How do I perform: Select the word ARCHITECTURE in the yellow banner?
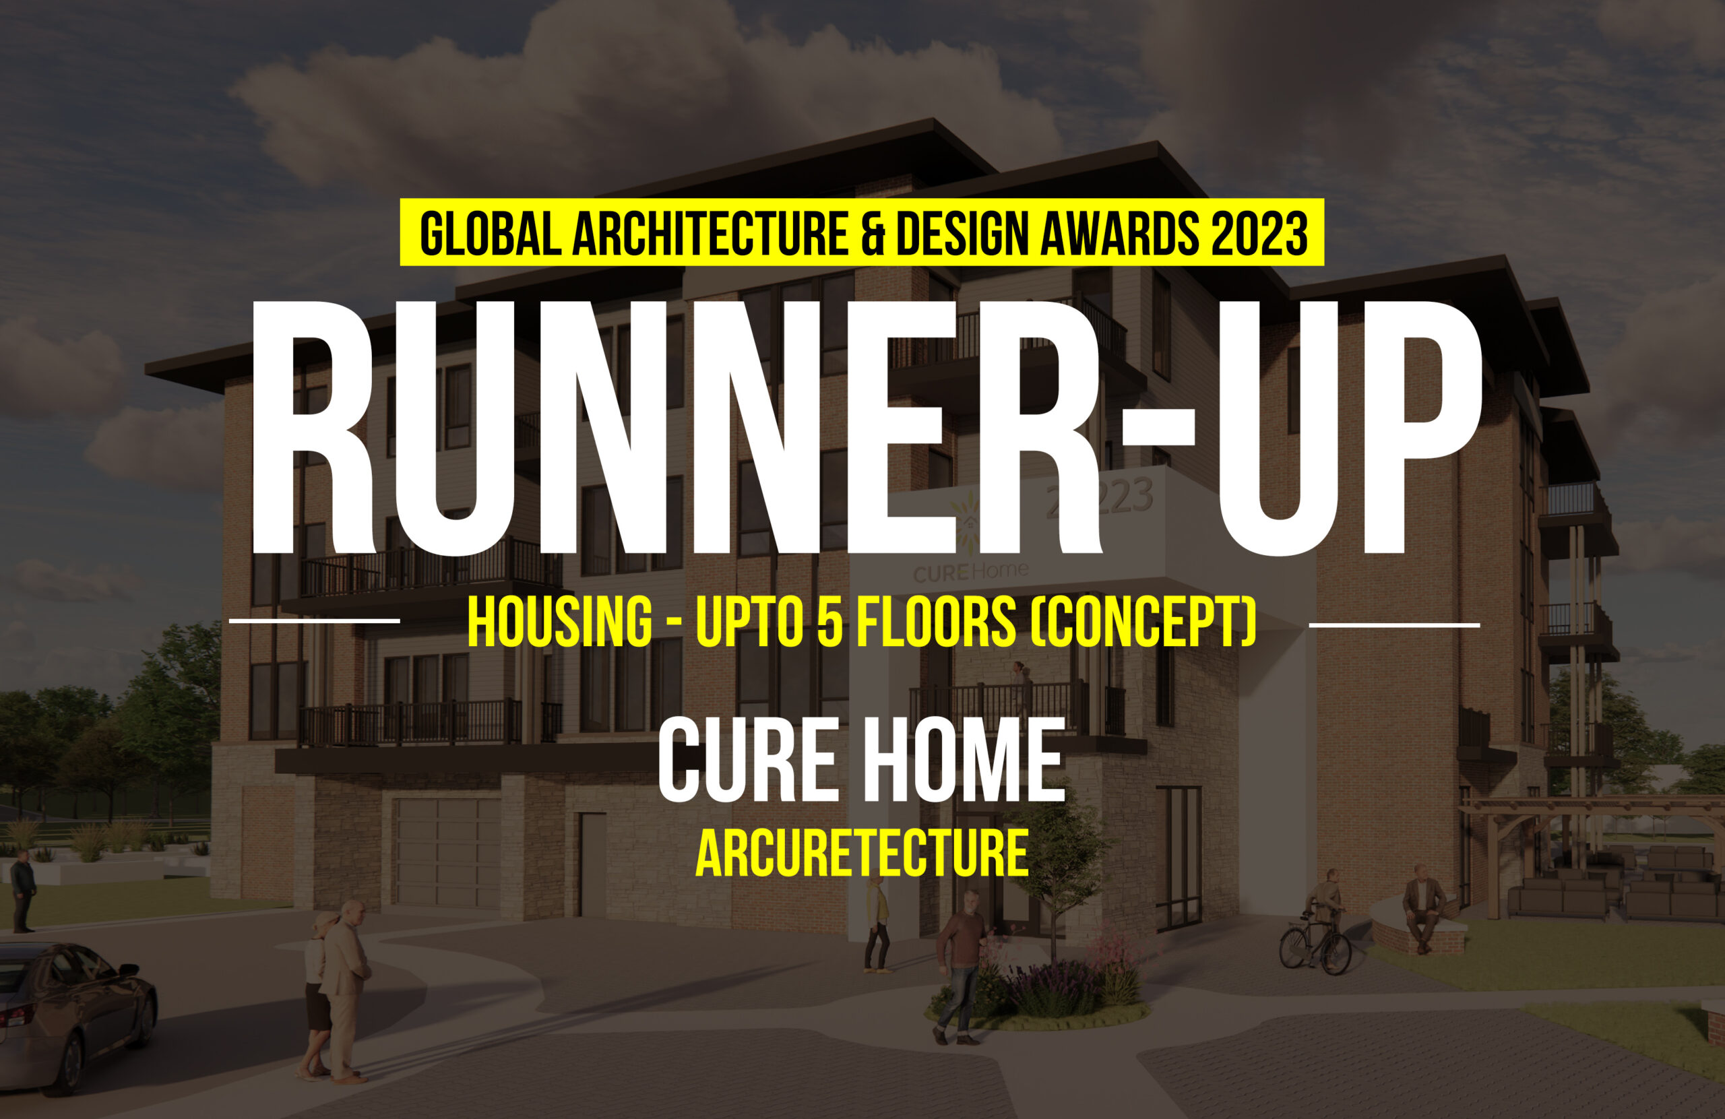click(710, 233)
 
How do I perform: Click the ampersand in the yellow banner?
click(873, 233)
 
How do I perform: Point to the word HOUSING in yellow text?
click(559, 622)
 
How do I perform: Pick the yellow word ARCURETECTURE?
click(862, 853)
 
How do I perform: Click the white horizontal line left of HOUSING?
click(315, 621)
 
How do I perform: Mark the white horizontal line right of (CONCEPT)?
click(1395, 624)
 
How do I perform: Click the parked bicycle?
click(1315, 942)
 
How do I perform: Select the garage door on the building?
click(447, 853)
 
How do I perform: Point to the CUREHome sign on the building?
click(970, 572)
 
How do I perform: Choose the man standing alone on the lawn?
click(22, 891)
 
